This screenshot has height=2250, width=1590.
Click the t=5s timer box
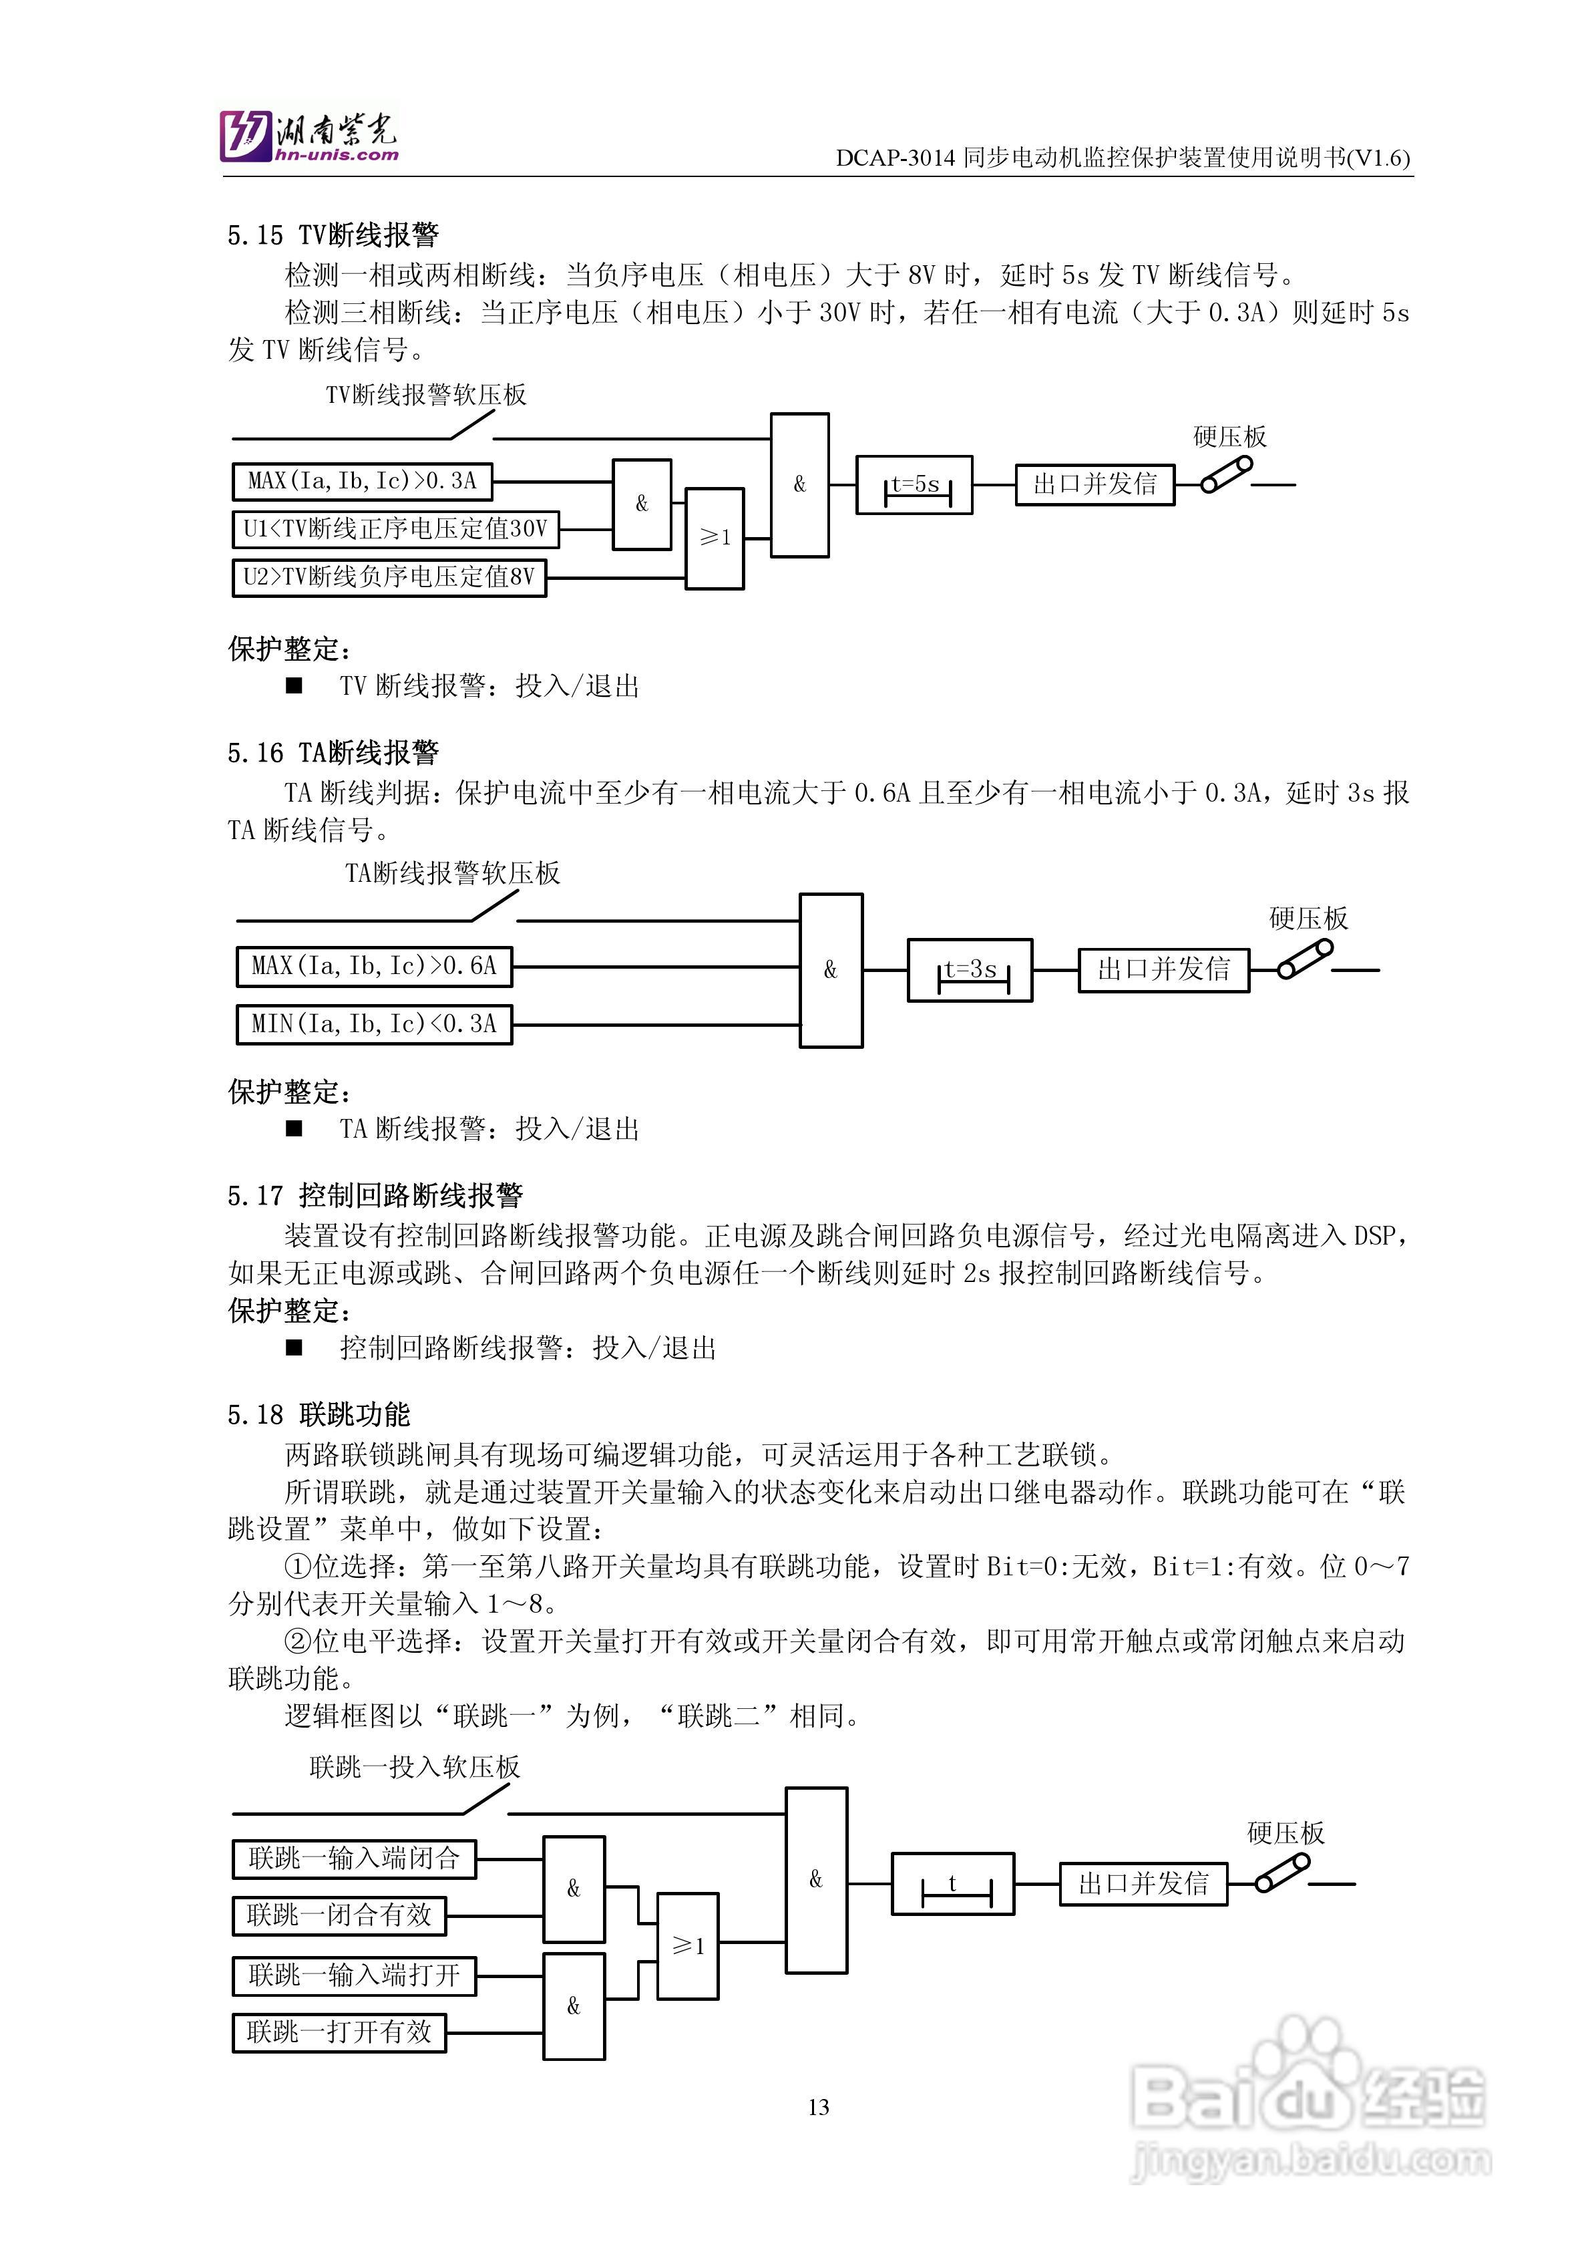click(x=914, y=485)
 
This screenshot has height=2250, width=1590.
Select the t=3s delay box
click(x=970, y=970)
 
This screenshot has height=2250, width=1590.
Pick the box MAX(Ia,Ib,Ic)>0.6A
click(x=374, y=966)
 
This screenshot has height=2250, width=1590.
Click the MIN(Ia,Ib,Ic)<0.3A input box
click(x=374, y=1024)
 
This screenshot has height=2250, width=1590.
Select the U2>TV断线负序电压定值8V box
click(x=389, y=577)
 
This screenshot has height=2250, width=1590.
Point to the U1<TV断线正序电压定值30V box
click(x=395, y=529)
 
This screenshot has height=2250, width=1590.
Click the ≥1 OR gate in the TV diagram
click(x=714, y=538)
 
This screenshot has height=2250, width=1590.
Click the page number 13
click(x=819, y=2107)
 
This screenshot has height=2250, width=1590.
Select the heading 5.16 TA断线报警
click(x=333, y=753)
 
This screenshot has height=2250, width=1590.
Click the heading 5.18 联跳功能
click(x=319, y=1415)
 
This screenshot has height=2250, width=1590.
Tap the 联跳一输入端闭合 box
click(x=354, y=1859)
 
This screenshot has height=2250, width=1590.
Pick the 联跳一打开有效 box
click(x=339, y=2032)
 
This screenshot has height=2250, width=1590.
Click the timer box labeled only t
click(x=952, y=1883)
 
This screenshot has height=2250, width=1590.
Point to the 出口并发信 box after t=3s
click(x=1164, y=970)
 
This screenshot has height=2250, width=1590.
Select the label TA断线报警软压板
click(x=453, y=873)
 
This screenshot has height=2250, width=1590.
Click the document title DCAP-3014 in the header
click(x=1123, y=158)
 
